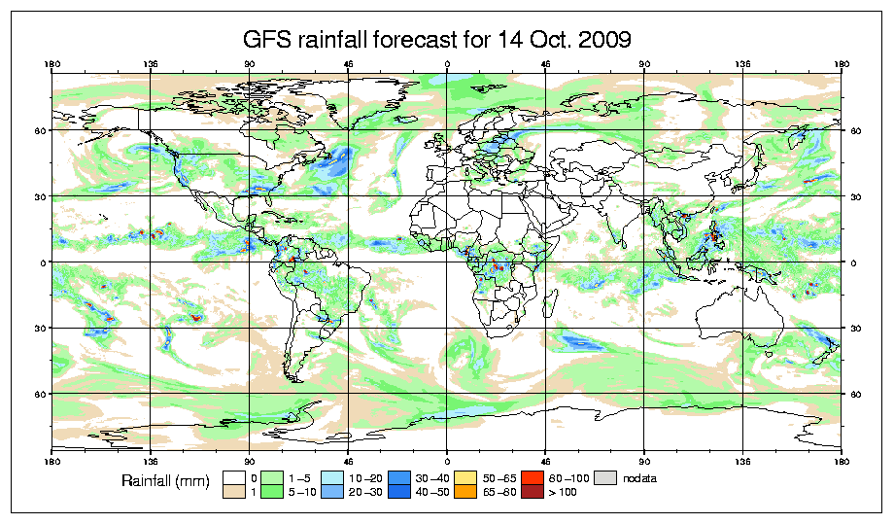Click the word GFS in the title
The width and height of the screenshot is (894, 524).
coord(264,40)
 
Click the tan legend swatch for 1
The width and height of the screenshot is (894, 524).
coord(233,493)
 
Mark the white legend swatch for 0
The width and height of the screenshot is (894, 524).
coord(233,477)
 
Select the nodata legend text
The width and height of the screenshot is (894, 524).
coord(642,478)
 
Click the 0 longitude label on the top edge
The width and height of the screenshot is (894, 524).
coord(447,65)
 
